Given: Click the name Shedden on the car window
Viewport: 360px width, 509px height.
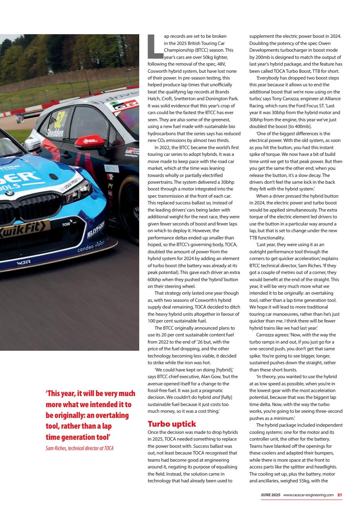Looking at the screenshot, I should (55, 133).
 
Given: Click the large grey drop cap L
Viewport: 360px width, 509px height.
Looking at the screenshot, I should (155, 45).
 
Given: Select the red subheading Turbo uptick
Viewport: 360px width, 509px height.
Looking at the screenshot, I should (171, 424).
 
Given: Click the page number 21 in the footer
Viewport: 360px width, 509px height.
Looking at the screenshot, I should (339, 495).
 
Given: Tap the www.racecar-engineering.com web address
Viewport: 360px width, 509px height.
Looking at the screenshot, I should (308, 495).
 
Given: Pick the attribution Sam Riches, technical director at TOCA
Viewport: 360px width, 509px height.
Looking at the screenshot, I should (80, 449).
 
